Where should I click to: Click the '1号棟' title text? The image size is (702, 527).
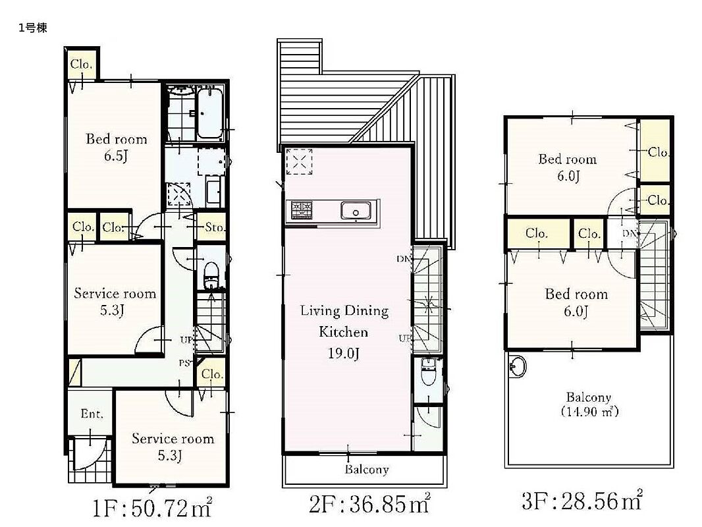click(x=33, y=28)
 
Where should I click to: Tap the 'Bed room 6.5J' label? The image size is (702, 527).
click(x=117, y=147)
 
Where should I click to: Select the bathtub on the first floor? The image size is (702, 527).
click(x=209, y=114)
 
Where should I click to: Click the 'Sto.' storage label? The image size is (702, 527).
click(x=214, y=227)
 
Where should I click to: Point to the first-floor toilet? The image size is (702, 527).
click(x=211, y=275)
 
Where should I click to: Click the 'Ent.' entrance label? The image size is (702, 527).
click(x=92, y=413)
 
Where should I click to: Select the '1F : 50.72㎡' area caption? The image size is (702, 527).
click(x=152, y=508)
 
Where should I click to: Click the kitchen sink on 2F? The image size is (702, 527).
click(x=356, y=211)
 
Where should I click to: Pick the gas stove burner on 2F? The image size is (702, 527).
click(x=302, y=210)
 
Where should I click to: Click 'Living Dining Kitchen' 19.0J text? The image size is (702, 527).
click(x=344, y=332)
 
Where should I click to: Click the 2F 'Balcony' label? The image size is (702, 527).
click(x=367, y=469)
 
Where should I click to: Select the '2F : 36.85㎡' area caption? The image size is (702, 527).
click(x=370, y=504)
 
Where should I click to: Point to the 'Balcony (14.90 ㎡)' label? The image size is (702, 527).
click(x=589, y=404)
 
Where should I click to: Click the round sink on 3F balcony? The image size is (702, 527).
click(x=518, y=367)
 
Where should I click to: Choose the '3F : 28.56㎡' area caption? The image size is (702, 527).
click(x=582, y=500)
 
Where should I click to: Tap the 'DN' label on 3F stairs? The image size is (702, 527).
click(x=629, y=233)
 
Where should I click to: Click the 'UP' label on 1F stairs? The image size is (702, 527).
click(x=186, y=340)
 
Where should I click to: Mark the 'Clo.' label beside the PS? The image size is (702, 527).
click(x=212, y=374)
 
